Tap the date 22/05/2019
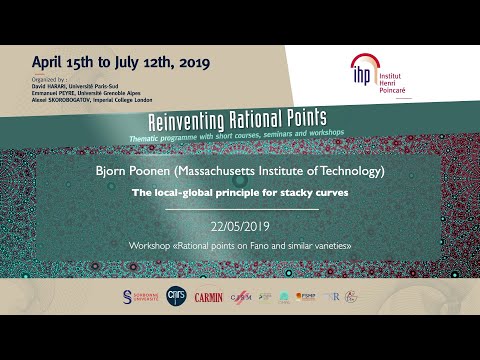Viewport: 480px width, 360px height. tap(240, 226)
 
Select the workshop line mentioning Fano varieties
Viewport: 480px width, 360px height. tap(240, 245)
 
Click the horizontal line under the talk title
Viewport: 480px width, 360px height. tap(240, 209)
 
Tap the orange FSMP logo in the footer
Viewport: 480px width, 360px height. tap(312, 297)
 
